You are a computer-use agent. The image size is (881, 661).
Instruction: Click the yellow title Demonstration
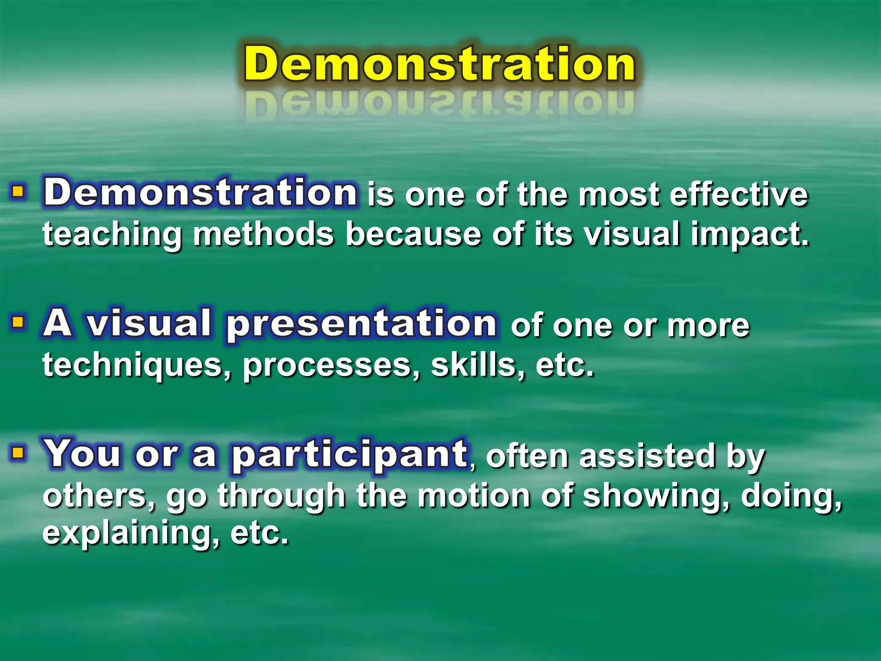pos(440,65)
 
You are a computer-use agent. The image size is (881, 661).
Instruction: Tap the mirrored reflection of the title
pos(440,103)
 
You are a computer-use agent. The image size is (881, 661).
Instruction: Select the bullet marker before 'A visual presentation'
pos(18,321)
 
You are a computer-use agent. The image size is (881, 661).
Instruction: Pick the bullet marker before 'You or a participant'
pos(18,452)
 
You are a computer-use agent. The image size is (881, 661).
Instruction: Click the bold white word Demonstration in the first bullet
pos(200,192)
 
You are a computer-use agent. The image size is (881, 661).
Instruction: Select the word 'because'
pos(413,235)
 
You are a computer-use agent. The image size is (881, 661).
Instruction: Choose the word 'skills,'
pos(477,365)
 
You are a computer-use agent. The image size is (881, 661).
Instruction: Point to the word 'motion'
pos(473,496)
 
